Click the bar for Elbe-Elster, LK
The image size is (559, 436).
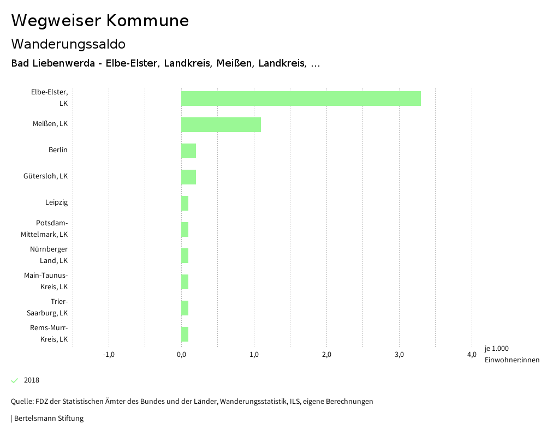pyautogui.click(x=301, y=98)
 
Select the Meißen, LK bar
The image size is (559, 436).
pyautogui.click(x=221, y=124)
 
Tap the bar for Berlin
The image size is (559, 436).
pyautogui.click(x=188, y=151)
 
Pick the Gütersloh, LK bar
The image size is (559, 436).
pyautogui.click(x=188, y=177)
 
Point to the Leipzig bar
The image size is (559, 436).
pyautogui.click(x=185, y=203)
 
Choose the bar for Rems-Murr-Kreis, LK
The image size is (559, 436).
pyautogui.click(x=185, y=334)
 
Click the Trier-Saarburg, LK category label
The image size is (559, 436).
pyautogui.click(x=47, y=307)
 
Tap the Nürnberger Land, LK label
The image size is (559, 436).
pyautogui.click(x=49, y=255)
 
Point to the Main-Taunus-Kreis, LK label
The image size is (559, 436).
pyautogui.click(x=46, y=281)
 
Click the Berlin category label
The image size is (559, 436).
pyautogui.click(x=58, y=150)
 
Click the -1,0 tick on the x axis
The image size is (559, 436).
pyautogui.click(x=109, y=355)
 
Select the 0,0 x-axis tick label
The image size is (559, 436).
pyautogui.click(x=181, y=355)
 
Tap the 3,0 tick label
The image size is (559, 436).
pyautogui.click(x=399, y=355)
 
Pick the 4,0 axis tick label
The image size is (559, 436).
pyautogui.click(x=472, y=355)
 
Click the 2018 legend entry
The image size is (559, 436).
pyautogui.click(x=31, y=380)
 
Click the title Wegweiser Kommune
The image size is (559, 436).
pyautogui.click(x=100, y=21)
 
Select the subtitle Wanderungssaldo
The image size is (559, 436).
pyautogui.click(x=68, y=44)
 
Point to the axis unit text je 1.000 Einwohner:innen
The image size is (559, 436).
pyautogui.click(x=512, y=354)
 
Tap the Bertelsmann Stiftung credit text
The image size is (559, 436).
pyautogui.click(x=48, y=419)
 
